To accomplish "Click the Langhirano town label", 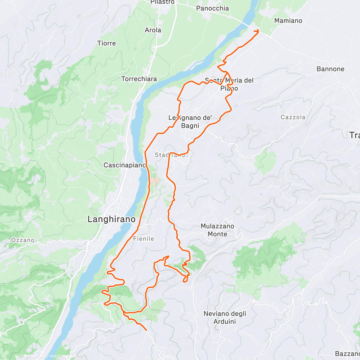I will pyautogui.click(x=111, y=219).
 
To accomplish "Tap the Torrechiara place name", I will pyautogui.click(x=139, y=79).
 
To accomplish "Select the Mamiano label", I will pyautogui.click(x=288, y=21).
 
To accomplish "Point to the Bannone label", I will pyautogui.click(x=330, y=69).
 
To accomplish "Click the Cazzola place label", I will pyautogui.click(x=293, y=117).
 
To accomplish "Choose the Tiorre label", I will pyautogui.click(x=106, y=43).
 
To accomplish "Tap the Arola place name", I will pyautogui.click(x=153, y=30).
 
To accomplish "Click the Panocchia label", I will pyautogui.click(x=212, y=8).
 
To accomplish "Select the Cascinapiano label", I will pyautogui.click(x=124, y=165).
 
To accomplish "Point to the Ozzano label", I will pyautogui.click(x=23, y=240).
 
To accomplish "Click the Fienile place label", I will pyautogui.click(x=143, y=239).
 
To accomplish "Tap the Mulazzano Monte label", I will pyautogui.click(x=217, y=230).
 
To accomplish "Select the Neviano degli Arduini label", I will pyautogui.click(x=225, y=318).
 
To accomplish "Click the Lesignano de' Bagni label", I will pyautogui.click(x=190, y=122).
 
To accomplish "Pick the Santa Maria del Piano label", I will pyautogui.click(x=229, y=84).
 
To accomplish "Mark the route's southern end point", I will pyautogui.click(x=146, y=330).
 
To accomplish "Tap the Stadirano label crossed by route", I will pyautogui.click(x=170, y=155).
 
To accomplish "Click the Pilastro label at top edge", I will pyautogui.click(x=162, y=2).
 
